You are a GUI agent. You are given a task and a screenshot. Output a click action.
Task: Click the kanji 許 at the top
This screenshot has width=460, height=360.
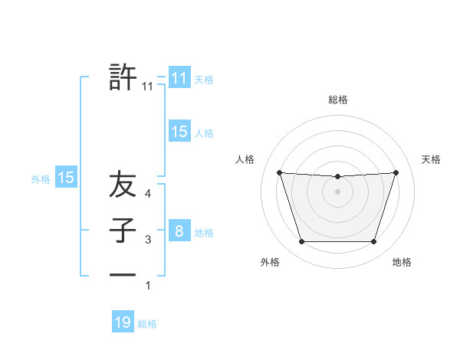point(123,77)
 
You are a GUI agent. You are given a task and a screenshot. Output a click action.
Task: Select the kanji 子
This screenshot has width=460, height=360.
point(123,231)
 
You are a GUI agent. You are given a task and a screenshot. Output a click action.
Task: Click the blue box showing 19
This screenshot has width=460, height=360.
point(123,322)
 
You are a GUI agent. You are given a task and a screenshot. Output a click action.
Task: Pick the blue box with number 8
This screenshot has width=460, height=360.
point(179,231)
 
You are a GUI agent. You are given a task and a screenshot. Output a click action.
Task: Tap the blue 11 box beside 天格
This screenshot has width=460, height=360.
point(179,77)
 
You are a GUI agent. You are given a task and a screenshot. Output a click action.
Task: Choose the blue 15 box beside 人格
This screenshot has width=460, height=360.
point(179,132)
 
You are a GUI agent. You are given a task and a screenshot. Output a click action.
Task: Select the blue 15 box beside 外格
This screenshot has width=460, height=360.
point(66,178)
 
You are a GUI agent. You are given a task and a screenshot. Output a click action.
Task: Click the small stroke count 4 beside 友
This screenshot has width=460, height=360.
point(148,195)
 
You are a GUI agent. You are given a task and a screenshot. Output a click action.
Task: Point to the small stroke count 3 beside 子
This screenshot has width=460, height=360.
point(148,241)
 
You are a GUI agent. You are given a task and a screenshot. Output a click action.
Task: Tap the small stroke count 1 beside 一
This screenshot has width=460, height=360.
point(148,286)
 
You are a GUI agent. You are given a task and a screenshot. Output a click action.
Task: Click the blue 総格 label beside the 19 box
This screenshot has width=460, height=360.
point(147,324)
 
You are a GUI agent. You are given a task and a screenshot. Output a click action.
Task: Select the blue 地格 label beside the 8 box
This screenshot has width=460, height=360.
point(204,233)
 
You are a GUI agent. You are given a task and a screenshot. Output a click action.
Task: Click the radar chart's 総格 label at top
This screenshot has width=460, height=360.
point(337,100)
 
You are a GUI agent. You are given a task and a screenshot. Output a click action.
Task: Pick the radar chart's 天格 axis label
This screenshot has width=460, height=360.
point(432,159)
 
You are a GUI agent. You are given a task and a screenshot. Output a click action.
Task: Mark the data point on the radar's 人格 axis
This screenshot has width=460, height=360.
point(279,172)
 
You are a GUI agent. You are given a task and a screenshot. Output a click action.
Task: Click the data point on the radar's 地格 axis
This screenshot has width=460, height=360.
point(373,242)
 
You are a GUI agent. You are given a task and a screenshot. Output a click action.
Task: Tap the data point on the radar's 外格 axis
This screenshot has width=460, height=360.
point(301,242)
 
